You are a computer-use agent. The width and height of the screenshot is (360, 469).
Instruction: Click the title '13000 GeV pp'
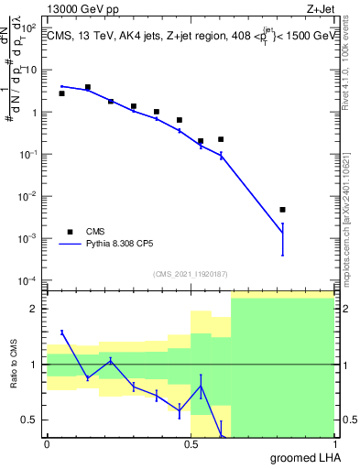point(80,8)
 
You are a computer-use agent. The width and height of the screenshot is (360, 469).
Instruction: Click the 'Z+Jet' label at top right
point(333,8)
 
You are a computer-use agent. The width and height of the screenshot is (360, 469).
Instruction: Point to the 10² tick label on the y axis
point(29,28)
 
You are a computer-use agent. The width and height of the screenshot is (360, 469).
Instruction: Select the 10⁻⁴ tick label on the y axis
point(27,280)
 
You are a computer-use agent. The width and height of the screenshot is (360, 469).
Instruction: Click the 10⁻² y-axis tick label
point(27,196)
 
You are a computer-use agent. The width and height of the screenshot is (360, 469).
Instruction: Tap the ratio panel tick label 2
point(35,309)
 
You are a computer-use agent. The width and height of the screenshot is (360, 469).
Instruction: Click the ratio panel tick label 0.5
point(29,420)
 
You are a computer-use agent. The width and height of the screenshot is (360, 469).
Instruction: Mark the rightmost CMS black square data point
point(282,210)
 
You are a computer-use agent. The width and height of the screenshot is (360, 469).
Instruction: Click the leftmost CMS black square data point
point(61,93)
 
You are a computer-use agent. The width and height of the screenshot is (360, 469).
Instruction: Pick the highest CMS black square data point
point(87,87)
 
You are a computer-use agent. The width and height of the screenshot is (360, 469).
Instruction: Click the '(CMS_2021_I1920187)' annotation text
point(190,273)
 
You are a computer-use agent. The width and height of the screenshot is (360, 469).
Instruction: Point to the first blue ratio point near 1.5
point(61,332)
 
